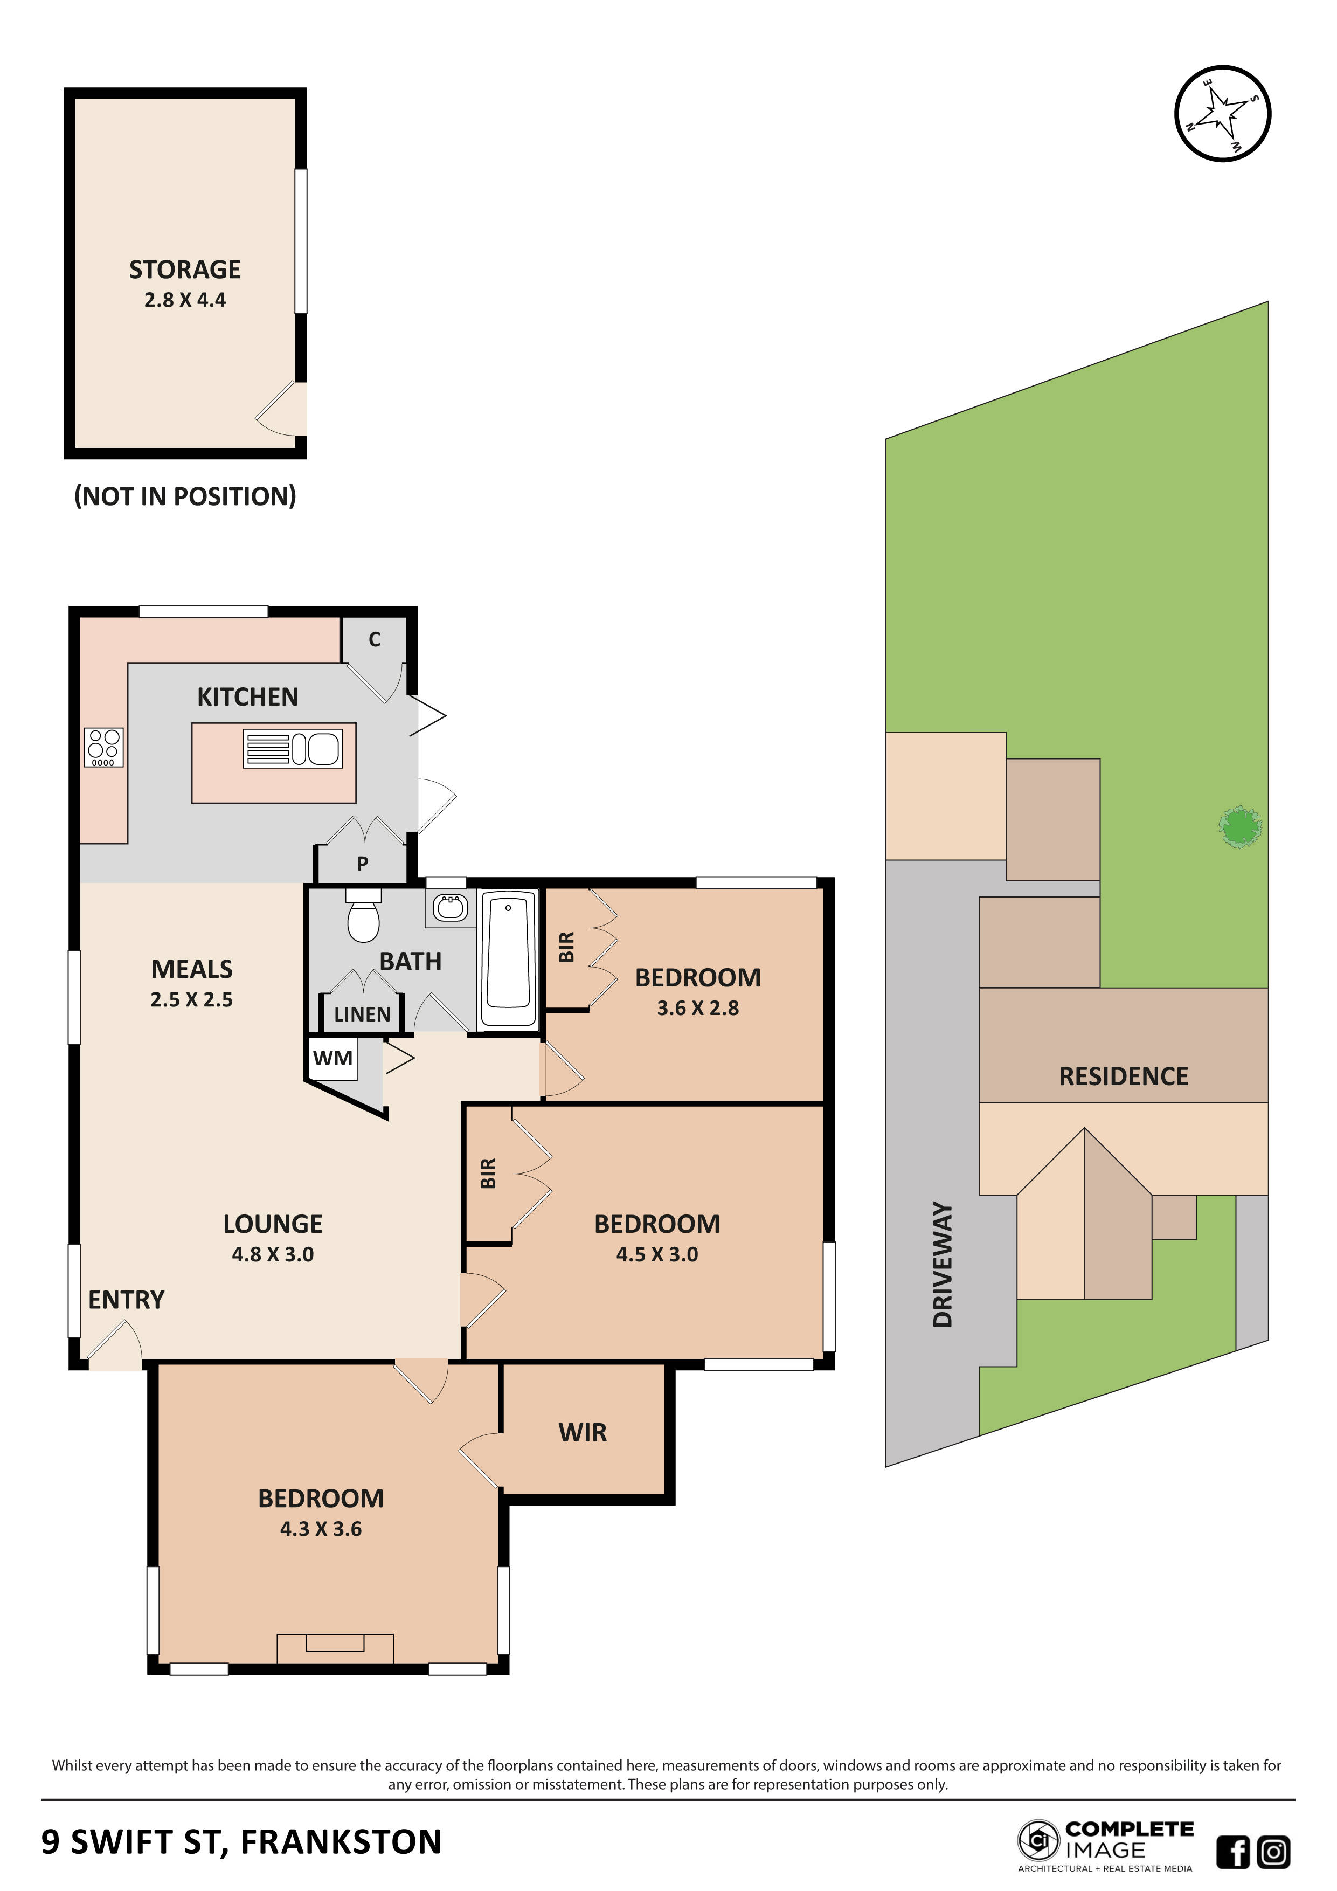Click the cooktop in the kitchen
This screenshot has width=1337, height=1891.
pos(103,747)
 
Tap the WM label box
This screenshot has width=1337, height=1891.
pos(332,1058)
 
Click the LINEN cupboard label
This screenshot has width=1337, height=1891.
pos(362,1014)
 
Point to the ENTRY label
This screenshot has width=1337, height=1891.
pos(126,1300)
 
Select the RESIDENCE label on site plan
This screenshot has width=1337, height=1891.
pos(1123,1076)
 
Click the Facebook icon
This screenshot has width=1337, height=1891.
pos(1232,1852)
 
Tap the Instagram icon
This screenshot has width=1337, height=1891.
pos(1273,1852)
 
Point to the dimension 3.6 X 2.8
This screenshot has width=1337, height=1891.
pos(697,1008)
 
